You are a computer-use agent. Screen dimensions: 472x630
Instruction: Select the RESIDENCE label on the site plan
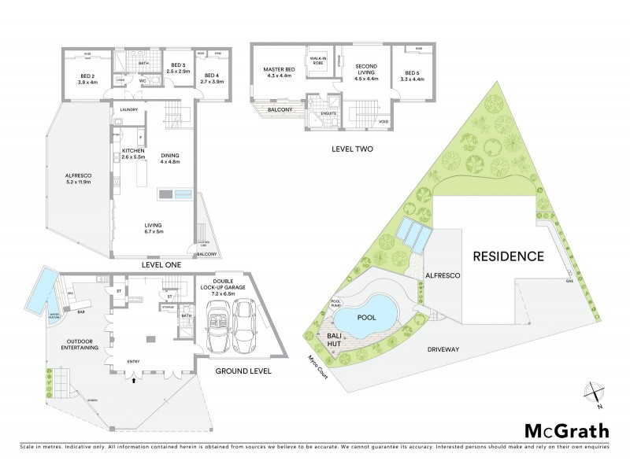coord(508,256)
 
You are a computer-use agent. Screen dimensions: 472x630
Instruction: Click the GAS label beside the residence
coord(569,281)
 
